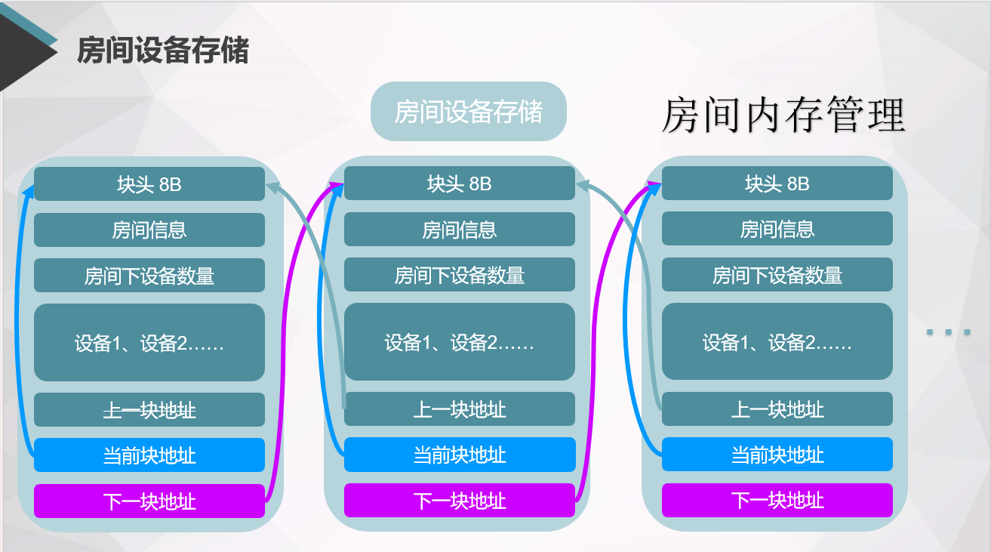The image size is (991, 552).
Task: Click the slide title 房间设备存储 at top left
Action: point(163,51)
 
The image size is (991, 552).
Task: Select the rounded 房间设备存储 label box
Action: point(468,112)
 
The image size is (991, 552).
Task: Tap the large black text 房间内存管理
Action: point(783,116)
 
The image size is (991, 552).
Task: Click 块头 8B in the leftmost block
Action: point(149,184)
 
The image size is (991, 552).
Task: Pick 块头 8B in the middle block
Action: point(459,183)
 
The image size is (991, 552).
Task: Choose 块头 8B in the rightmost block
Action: point(777,183)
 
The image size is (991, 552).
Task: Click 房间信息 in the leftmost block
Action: point(149,230)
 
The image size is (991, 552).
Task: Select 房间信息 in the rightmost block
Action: point(777,229)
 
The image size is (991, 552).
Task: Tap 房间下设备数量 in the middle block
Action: point(459,275)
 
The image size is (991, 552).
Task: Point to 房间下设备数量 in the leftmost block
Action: point(149,276)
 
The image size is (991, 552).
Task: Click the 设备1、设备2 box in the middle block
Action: point(459,342)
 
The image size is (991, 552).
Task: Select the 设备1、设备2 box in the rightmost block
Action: point(777,342)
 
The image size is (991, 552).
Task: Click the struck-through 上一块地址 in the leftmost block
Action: point(149,410)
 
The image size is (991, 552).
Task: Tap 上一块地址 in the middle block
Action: point(459,409)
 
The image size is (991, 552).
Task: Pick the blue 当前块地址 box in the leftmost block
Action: point(149,455)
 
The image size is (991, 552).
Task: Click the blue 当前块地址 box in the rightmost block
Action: point(777,455)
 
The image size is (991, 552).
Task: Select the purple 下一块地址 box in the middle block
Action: point(459,500)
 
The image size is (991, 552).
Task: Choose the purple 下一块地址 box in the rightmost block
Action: point(777,500)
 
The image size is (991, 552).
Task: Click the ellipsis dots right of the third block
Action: point(948,332)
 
